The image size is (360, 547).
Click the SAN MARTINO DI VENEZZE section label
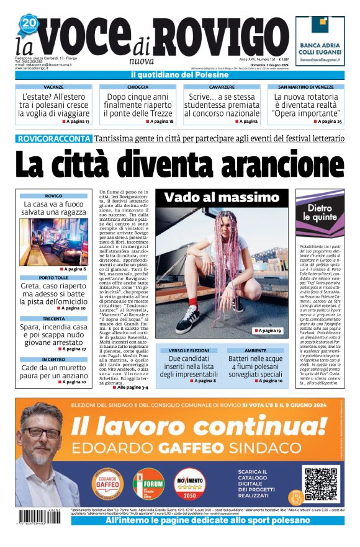(x=306, y=87)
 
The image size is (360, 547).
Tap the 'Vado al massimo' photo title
(x=222, y=197)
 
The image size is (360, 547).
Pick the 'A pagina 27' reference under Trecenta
(x=73, y=349)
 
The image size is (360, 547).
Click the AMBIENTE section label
(x=255, y=350)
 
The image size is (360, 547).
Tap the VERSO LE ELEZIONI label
(x=189, y=350)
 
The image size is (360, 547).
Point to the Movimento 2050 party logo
(x=189, y=484)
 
